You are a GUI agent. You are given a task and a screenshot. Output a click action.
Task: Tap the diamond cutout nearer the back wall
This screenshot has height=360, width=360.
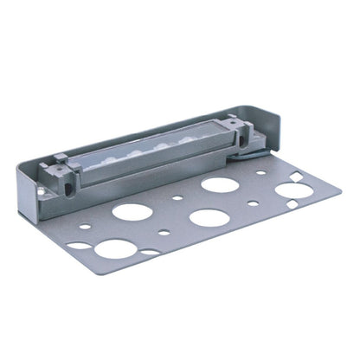297,176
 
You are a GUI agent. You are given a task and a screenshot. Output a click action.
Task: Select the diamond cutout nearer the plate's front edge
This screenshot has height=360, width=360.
292,204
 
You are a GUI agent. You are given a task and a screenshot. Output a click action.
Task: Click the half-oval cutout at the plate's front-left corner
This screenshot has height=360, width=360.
80,245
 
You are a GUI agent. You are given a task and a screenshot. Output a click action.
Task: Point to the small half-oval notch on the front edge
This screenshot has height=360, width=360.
150,253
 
